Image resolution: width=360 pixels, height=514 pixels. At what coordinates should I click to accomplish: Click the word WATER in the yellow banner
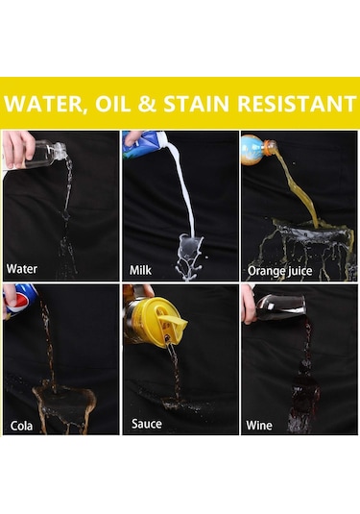click(44, 104)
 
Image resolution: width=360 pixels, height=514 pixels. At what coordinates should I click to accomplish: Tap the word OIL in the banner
click(112, 104)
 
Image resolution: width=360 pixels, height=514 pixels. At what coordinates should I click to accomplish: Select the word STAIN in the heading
click(196, 104)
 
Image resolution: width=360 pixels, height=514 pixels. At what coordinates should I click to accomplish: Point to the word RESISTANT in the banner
click(297, 104)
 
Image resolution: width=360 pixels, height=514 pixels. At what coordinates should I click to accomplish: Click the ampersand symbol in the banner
click(147, 104)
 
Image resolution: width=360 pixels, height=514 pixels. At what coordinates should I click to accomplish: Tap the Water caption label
click(22, 269)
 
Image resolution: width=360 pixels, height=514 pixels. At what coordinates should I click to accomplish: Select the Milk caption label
click(140, 270)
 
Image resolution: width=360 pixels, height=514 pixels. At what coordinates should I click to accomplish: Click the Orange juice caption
click(279, 271)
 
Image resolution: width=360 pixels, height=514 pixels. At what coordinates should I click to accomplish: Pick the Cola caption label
click(21, 426)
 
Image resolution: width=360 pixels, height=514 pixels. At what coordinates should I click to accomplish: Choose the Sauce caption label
click(147, 424)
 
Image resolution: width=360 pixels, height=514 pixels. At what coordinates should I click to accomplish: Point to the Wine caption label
click(259, 426)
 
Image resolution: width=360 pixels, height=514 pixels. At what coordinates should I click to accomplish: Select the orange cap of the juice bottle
click(270, 147)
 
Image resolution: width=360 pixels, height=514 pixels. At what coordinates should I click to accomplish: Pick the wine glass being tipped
click(279, 307)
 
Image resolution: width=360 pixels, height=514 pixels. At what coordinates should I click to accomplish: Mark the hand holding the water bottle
click(17, 150)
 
